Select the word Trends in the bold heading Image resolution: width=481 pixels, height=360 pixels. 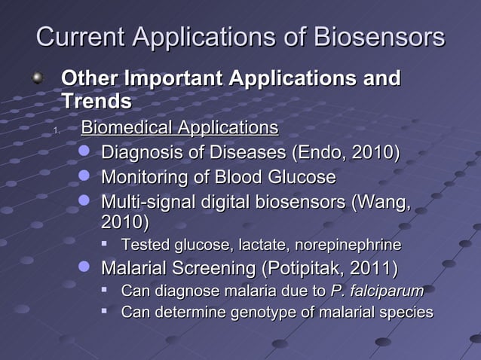coord(96,101)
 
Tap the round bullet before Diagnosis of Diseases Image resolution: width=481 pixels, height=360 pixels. coord(84,153)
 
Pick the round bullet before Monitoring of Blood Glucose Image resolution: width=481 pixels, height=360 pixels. coord(84,177)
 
